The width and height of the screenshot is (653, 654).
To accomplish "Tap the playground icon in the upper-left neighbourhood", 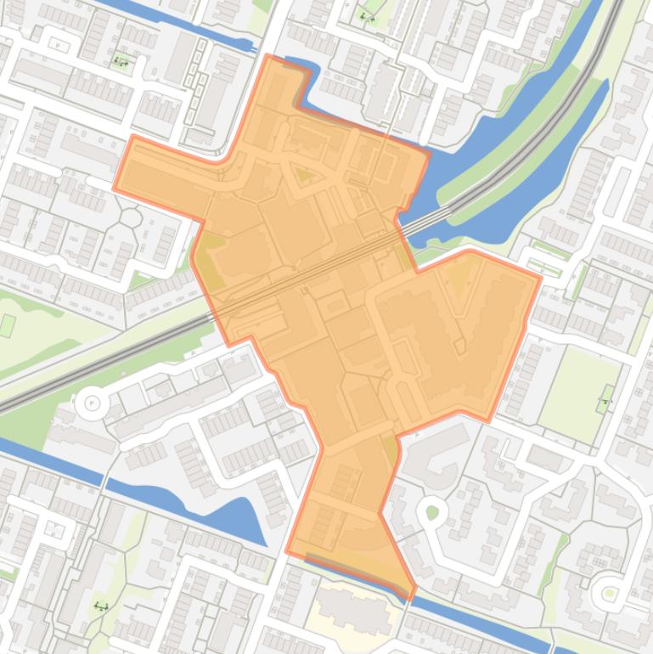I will point(121,61).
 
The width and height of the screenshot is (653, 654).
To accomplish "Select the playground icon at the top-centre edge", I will point(367,16).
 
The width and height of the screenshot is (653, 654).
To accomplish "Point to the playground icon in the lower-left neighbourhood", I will point(102,606).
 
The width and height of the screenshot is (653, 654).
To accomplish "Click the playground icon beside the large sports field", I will point(605,399).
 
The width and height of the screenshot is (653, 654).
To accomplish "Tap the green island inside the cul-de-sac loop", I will point(432,511).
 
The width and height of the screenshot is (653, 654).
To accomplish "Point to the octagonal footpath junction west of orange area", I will point(130,217).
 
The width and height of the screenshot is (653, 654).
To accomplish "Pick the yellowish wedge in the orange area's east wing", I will point(461,276).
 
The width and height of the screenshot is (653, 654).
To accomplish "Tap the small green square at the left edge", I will point(8,325).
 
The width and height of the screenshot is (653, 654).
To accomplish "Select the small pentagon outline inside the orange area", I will point(460,347).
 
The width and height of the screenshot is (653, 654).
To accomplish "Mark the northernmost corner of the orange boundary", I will point(268,56).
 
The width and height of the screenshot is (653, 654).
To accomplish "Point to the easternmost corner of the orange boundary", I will point(541,276).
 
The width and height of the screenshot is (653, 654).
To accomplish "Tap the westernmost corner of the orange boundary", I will point(115,188).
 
